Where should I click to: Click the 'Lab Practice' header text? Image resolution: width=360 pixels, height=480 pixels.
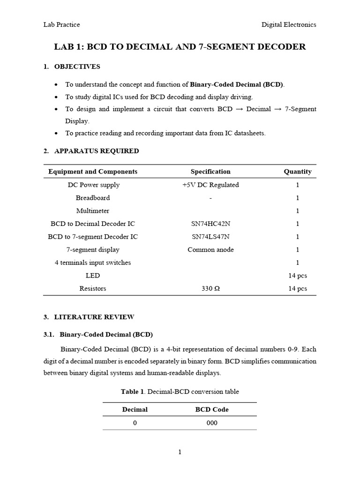click(x=61, y=24)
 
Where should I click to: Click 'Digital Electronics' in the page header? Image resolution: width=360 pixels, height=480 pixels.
click(x=289, y=24)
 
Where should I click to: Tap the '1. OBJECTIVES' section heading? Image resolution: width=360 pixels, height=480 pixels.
click(x=72, y=67)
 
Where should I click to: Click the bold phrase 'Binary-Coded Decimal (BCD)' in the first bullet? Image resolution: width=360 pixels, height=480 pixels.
click(x=237, y=84)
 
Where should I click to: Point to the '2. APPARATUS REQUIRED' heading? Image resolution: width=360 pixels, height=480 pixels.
click(x=91, y=151)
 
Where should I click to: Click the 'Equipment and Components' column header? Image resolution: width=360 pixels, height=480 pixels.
click(x=93, y=172)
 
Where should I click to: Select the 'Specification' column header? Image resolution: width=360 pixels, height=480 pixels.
click(x=210, y=172)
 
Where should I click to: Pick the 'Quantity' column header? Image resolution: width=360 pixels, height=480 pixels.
click(x=297, y=172)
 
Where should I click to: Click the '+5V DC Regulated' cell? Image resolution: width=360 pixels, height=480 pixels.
click(x=210, y=185)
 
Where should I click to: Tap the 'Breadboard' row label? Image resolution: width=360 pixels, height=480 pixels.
click(x=93, y=198)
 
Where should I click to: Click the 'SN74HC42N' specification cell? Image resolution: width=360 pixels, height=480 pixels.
click(x=210, y=224)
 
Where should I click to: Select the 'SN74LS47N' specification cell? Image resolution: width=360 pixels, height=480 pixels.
click(x=210, y=237)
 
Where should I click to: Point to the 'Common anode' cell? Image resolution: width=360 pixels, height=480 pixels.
click(x=210, y=249)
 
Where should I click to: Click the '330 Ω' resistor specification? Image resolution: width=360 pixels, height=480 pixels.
click(x=210, y=289)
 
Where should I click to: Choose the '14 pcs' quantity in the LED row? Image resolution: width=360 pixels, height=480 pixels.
click(x=297, y=276)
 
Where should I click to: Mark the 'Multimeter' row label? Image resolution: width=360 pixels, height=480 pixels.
click(x=93, y=211)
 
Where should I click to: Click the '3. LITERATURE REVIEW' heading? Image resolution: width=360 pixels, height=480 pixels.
click(x=89, y=317)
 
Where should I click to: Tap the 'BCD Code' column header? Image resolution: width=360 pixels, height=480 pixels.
click(x=212, y=409)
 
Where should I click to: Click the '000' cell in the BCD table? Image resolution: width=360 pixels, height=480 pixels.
click(x=212, y=423)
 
